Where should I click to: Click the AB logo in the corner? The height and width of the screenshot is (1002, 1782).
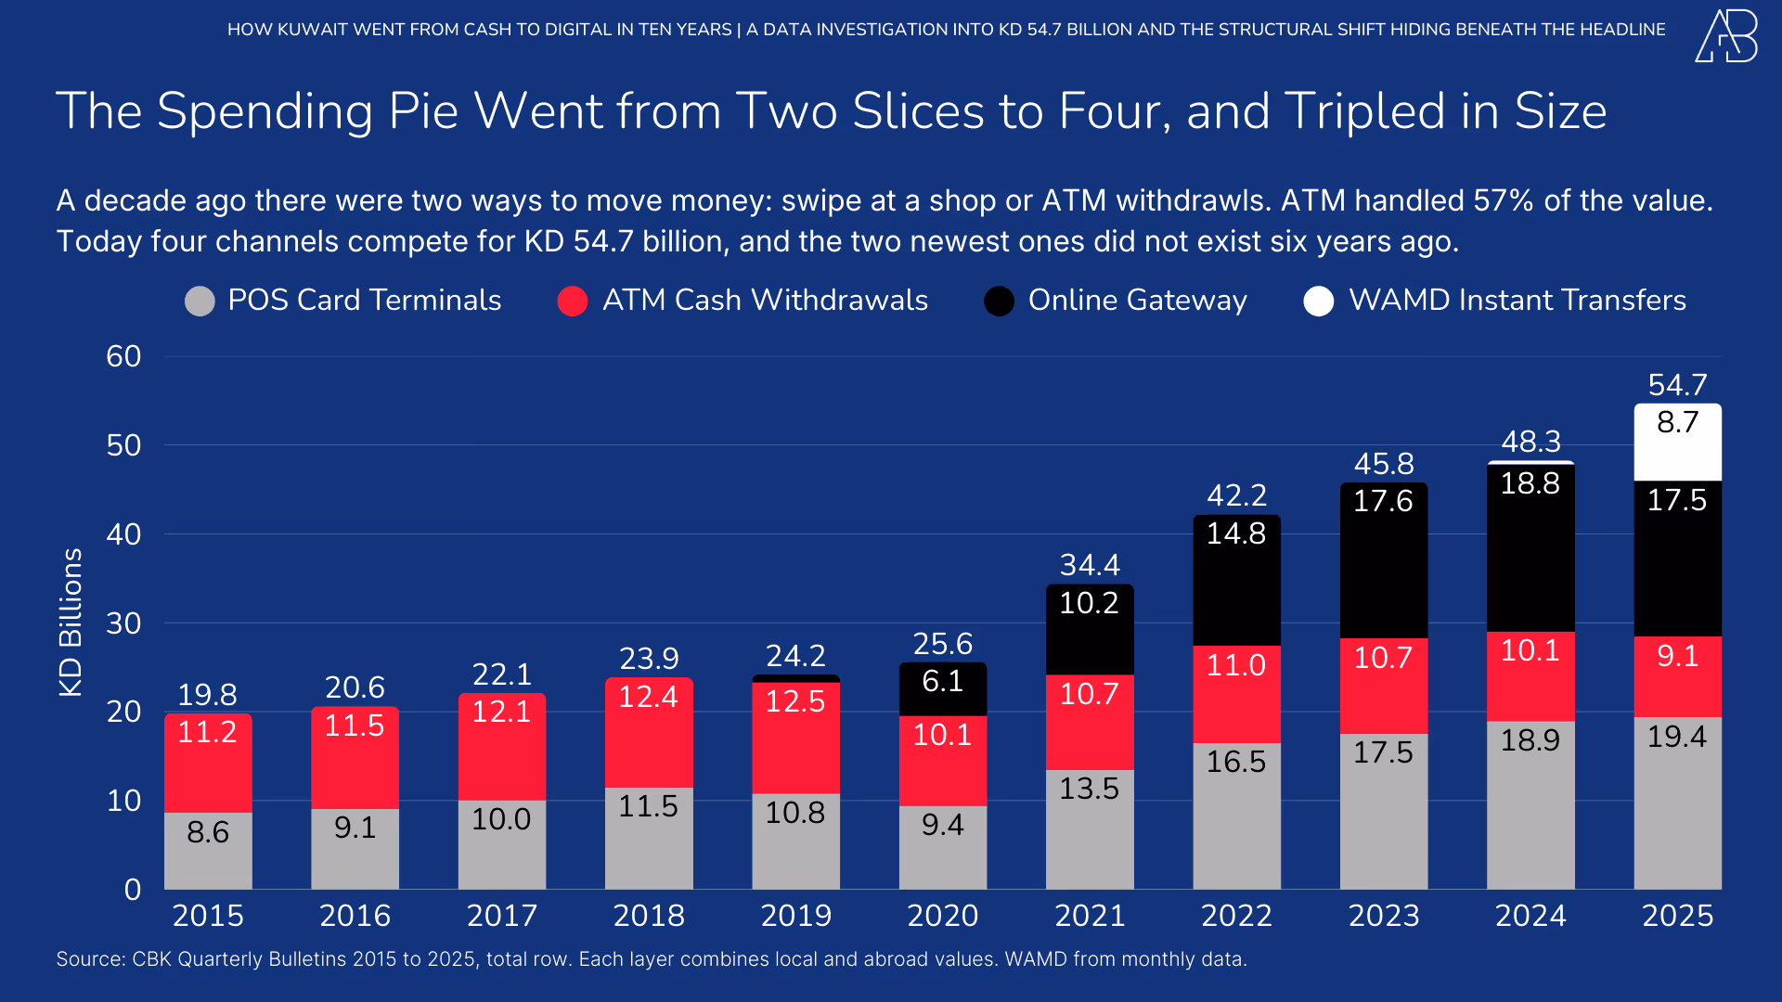[x=1726, y=37]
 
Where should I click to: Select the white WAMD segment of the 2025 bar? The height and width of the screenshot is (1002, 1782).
[x=1677, y=443]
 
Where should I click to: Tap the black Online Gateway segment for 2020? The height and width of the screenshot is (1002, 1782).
[x=942, y=688]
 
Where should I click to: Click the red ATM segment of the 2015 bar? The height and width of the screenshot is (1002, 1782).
[x=208, y=763]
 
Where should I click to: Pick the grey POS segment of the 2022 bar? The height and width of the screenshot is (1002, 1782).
[x=1236, y=816]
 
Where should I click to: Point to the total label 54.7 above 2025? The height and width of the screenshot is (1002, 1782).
[x=1677, y=385]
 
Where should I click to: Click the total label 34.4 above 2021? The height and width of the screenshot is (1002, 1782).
[x=1090, y=565]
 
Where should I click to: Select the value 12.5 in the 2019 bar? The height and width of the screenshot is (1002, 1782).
[x=795, y=701]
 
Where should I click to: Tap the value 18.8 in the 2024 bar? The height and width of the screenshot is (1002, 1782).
[x=1530, y=483]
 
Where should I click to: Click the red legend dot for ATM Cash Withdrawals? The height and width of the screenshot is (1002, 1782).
[x=573, y=302]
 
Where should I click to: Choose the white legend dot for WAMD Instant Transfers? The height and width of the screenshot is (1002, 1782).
[x=1318, y=302]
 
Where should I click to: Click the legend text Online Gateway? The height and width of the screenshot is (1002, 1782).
[x=1137, y=301]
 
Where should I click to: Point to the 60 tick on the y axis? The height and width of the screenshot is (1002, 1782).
[x=123, y=356]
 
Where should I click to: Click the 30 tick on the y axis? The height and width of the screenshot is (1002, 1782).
[x=123, y=623]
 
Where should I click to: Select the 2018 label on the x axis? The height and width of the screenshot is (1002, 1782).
[x=649, y=916]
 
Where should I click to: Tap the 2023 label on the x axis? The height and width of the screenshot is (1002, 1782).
[x=1384, y=916]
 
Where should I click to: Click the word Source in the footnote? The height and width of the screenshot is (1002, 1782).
[x=89, y=959]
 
